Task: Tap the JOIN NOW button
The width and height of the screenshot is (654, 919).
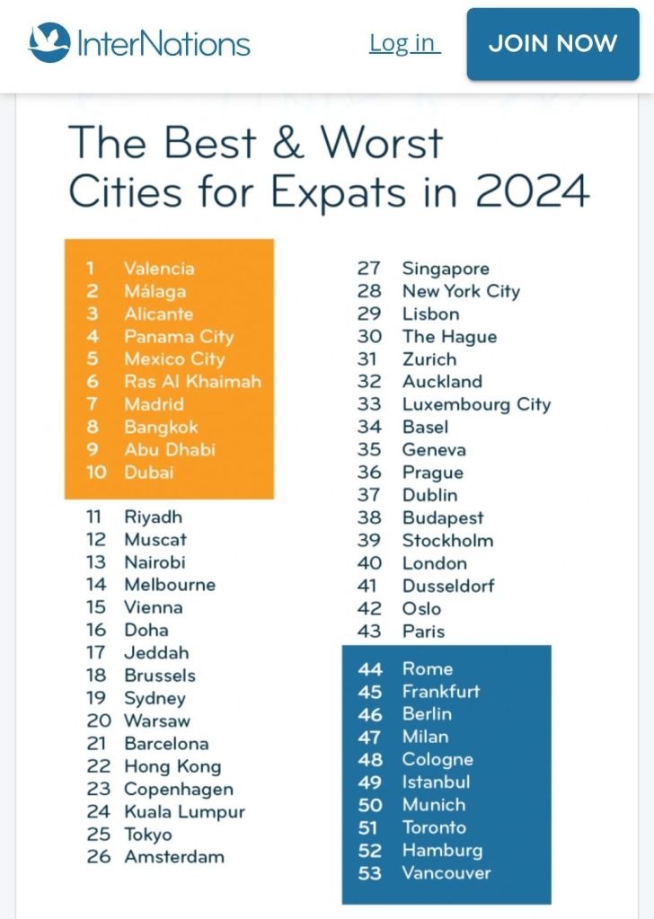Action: tap(552, 44)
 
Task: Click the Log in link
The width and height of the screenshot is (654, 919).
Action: tap(404, 43)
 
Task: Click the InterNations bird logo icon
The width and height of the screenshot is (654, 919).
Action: tap(49, 43)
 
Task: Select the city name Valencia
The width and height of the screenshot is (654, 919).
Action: tap(159, 268)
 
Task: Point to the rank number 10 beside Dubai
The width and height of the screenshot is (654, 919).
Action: tap(96, 472)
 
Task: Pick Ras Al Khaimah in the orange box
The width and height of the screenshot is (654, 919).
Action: tap(192, 381)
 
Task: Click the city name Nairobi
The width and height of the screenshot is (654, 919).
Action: tap(155, 562)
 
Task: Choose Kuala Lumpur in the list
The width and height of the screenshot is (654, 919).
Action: tap(184, 811)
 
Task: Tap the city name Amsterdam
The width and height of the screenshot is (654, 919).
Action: tap(174, 857)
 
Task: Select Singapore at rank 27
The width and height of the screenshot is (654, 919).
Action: tap(446, 269)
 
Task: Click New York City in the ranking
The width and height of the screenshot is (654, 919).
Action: tap(461, 291)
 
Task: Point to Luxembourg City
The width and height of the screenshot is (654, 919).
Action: tap(476, 404)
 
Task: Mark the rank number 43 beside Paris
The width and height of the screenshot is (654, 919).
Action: tap(369, 632)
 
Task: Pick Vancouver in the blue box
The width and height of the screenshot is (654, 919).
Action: tap(446, 873)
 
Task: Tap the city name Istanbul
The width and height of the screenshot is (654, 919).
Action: tap(436, 782)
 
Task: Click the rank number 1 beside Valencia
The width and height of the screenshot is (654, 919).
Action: tap(91, 268)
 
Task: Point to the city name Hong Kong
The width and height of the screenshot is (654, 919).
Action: tap(172, 766)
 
